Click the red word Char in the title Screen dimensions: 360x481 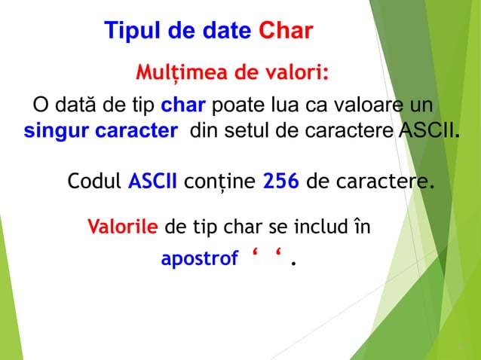pos(286,31)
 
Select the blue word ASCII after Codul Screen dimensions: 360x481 pos(153,182)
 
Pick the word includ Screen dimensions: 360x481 pos(314,226)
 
